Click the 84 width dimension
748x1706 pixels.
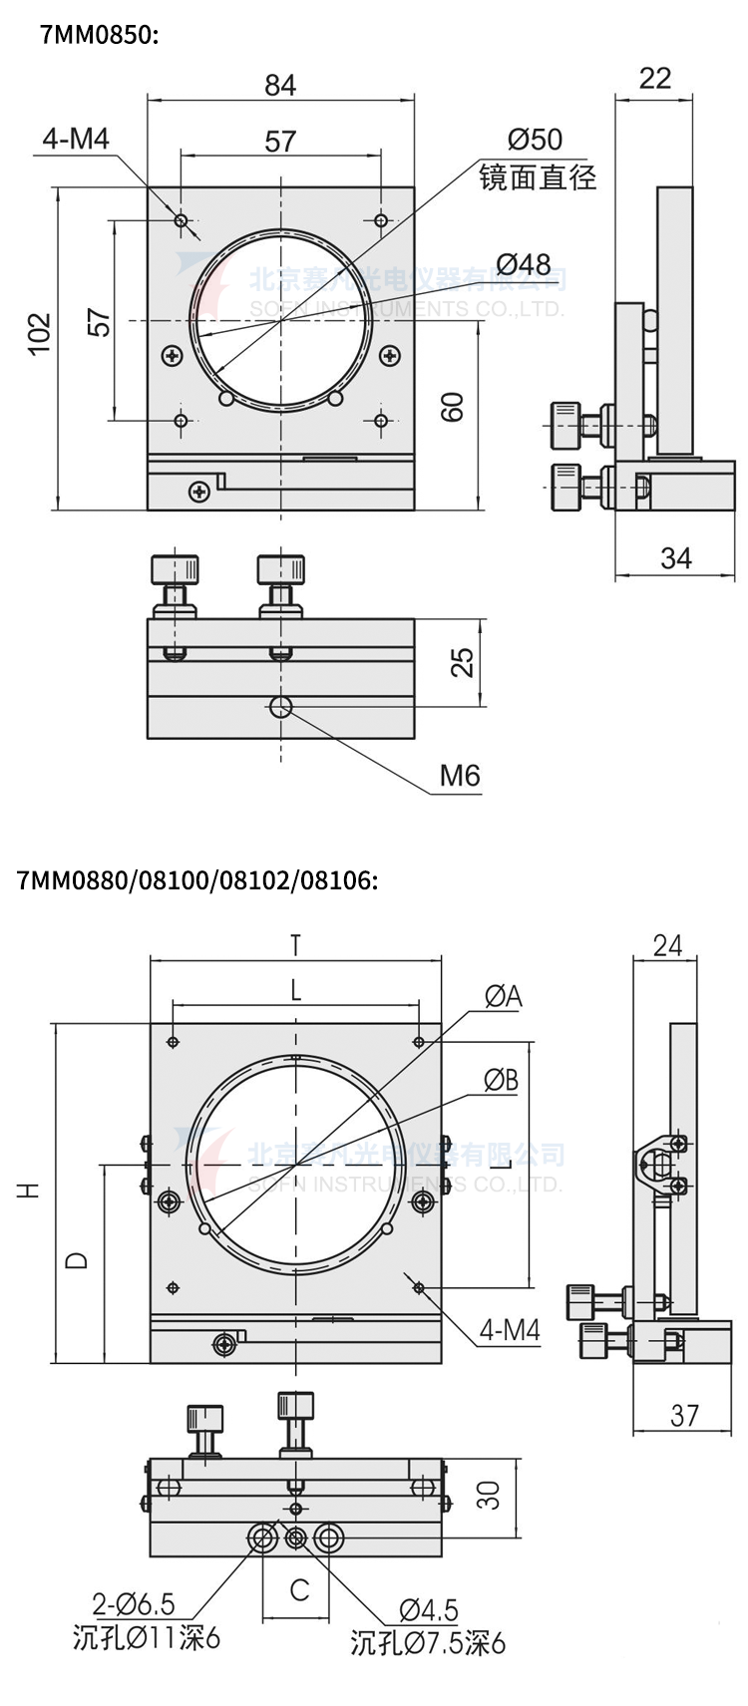[280, 86]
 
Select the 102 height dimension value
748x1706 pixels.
[38, 334]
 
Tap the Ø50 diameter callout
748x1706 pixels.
[535, 140]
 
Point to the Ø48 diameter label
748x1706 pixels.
[523, 264]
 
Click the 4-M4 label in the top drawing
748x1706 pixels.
[76, 139]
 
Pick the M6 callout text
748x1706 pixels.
[460, 775]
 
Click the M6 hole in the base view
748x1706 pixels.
[280, 708]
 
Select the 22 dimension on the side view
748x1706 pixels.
[654, 79]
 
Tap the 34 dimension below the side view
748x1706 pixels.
[675, 558]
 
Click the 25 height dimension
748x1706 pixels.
[462, 663]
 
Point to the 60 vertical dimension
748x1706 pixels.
[453, 407]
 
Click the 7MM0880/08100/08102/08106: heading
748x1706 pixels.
[197, 880]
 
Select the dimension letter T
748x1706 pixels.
[295, 943]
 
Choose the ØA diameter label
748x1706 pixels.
[503, 995]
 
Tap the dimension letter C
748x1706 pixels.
[299, 1589]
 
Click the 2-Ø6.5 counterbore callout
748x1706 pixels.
[134, 1604]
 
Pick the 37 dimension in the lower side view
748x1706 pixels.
[684, 1415]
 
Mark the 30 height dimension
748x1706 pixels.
[488, 1495]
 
